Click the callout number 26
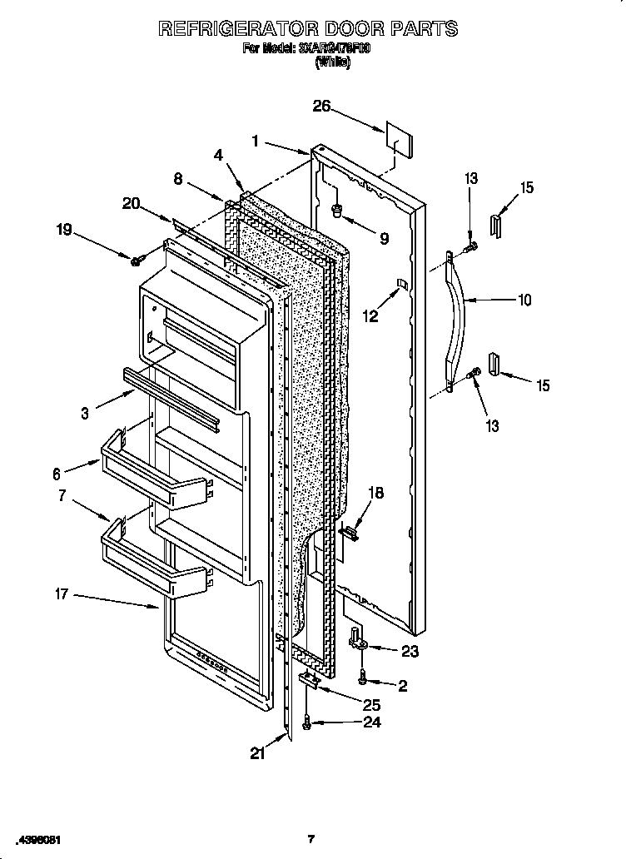click(321, 106)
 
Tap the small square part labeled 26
click(397, 141)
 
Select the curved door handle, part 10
click(459, 321)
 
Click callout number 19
click(64, 230)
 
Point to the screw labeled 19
click(136, 261)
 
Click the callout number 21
click(258, 753)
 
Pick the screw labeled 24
click(307, 726)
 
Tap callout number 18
click(375, 494)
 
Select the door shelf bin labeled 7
click(154, 562)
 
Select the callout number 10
click(524, 300)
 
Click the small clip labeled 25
click(309, 680)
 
